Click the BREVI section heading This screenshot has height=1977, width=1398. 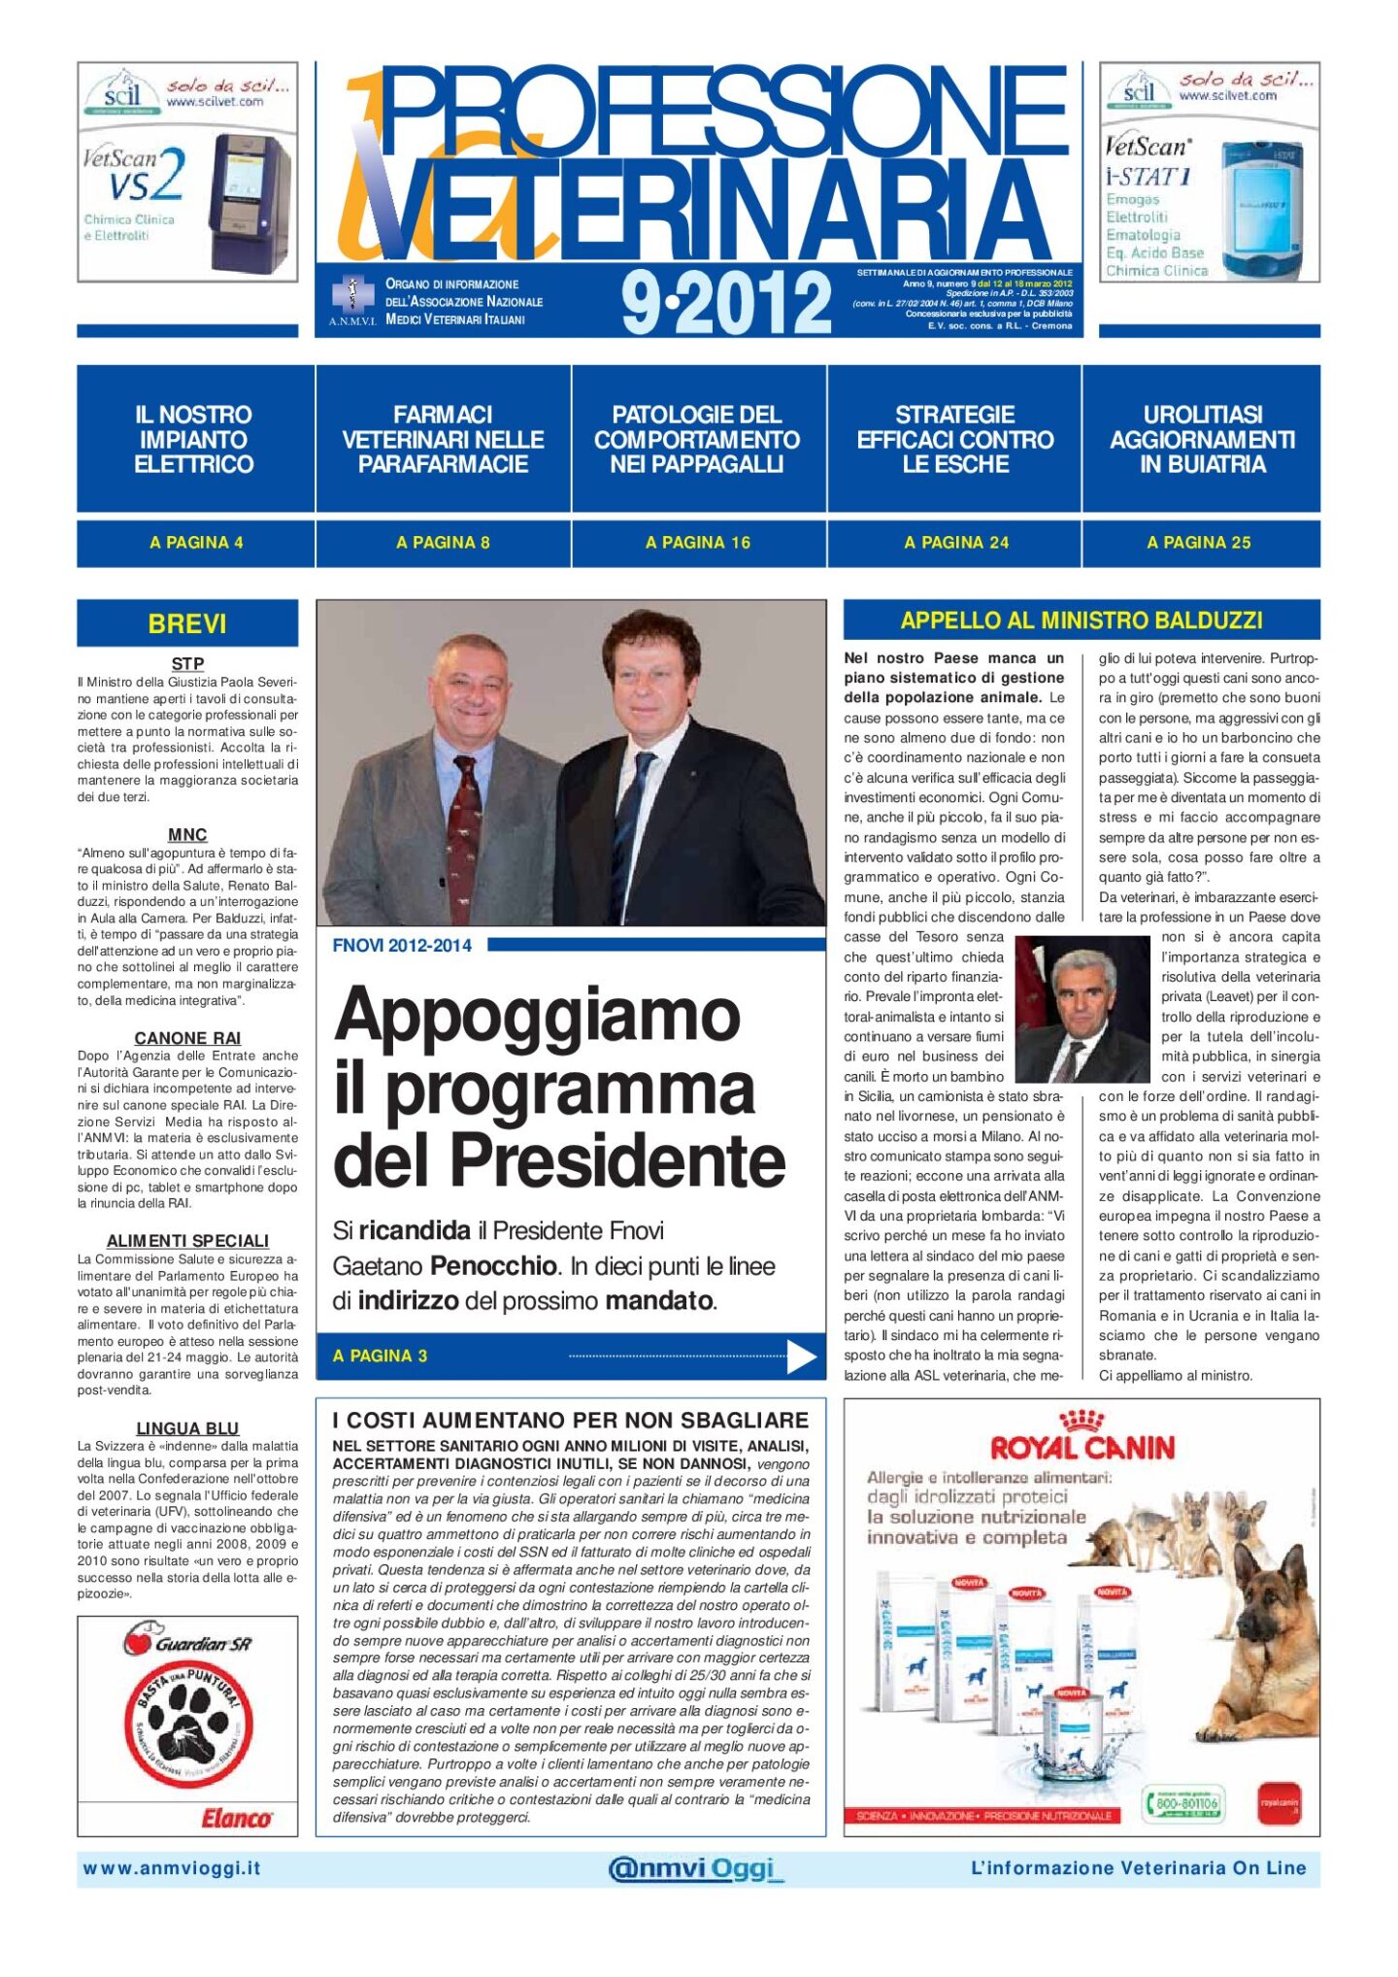pos(187,623)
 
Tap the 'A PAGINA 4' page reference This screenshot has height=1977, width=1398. pos(196,543)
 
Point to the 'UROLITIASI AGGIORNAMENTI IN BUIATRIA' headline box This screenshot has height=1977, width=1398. pos(1202,440)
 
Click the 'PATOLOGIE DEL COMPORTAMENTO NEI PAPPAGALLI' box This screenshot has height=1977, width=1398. pos(697,440)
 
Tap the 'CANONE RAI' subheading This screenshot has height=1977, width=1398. pos(187,1038)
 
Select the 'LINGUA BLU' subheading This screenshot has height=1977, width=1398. pos(187,1428)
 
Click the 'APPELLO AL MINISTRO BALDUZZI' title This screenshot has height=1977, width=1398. pos(1082,620)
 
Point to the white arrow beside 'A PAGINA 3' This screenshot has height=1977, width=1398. pos(801,1357)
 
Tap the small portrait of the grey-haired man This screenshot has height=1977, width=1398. pos(1081,1010)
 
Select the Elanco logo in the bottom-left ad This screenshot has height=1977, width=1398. pos(236,1818)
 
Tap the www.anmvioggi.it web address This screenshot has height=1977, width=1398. pos(172,1868)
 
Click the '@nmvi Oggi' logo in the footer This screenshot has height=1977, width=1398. pos(694,1868)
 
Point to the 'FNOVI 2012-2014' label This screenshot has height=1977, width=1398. pos(402,946)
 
